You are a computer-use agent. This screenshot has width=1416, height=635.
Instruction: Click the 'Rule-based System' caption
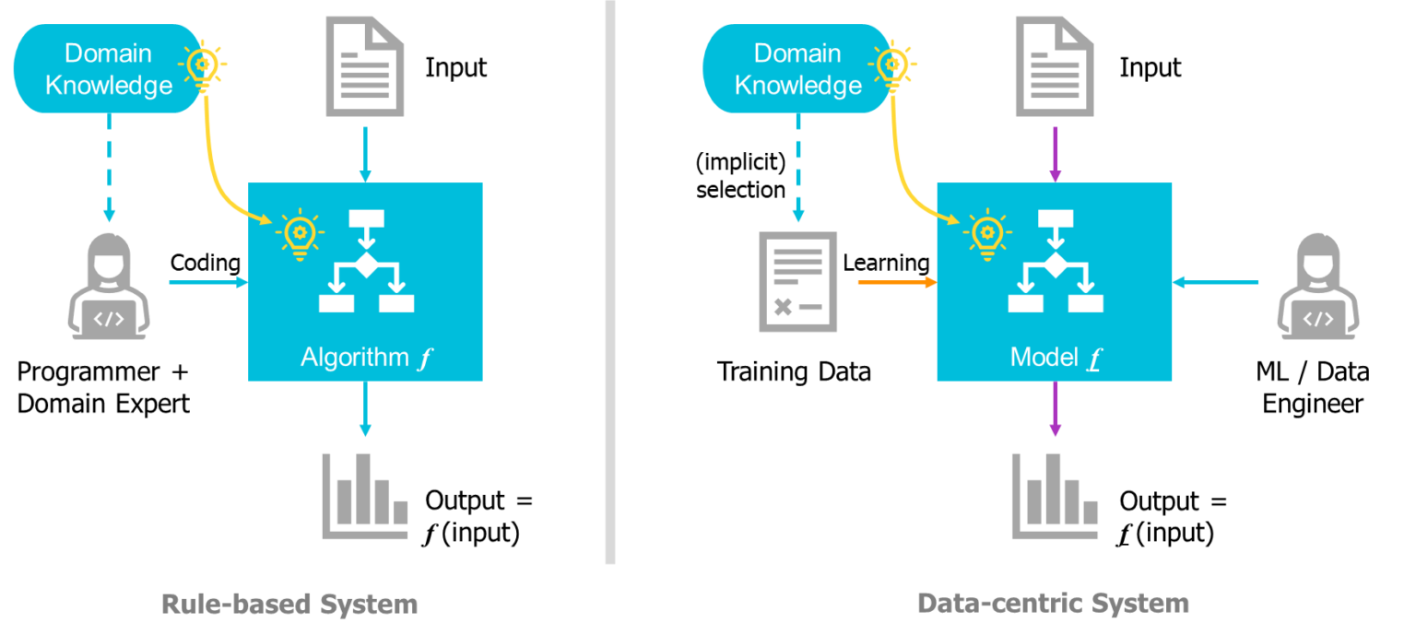pos(289,605)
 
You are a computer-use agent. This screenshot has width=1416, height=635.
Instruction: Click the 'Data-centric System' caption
pos(1053,604)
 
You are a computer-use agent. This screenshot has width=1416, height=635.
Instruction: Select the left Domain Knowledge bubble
pos(109,69)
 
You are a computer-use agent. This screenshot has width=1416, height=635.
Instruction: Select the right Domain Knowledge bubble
pos(798,69)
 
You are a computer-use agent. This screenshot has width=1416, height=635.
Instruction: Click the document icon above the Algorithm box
pos(365,67)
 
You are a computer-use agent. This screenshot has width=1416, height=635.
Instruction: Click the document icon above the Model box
pos(1055,67)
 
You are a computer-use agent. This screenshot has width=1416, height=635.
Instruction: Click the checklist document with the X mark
pos(798,281)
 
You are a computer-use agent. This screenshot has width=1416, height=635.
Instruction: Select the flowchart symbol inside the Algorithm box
pos(366,262)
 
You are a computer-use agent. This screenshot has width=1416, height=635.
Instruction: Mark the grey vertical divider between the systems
pos(610,281)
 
